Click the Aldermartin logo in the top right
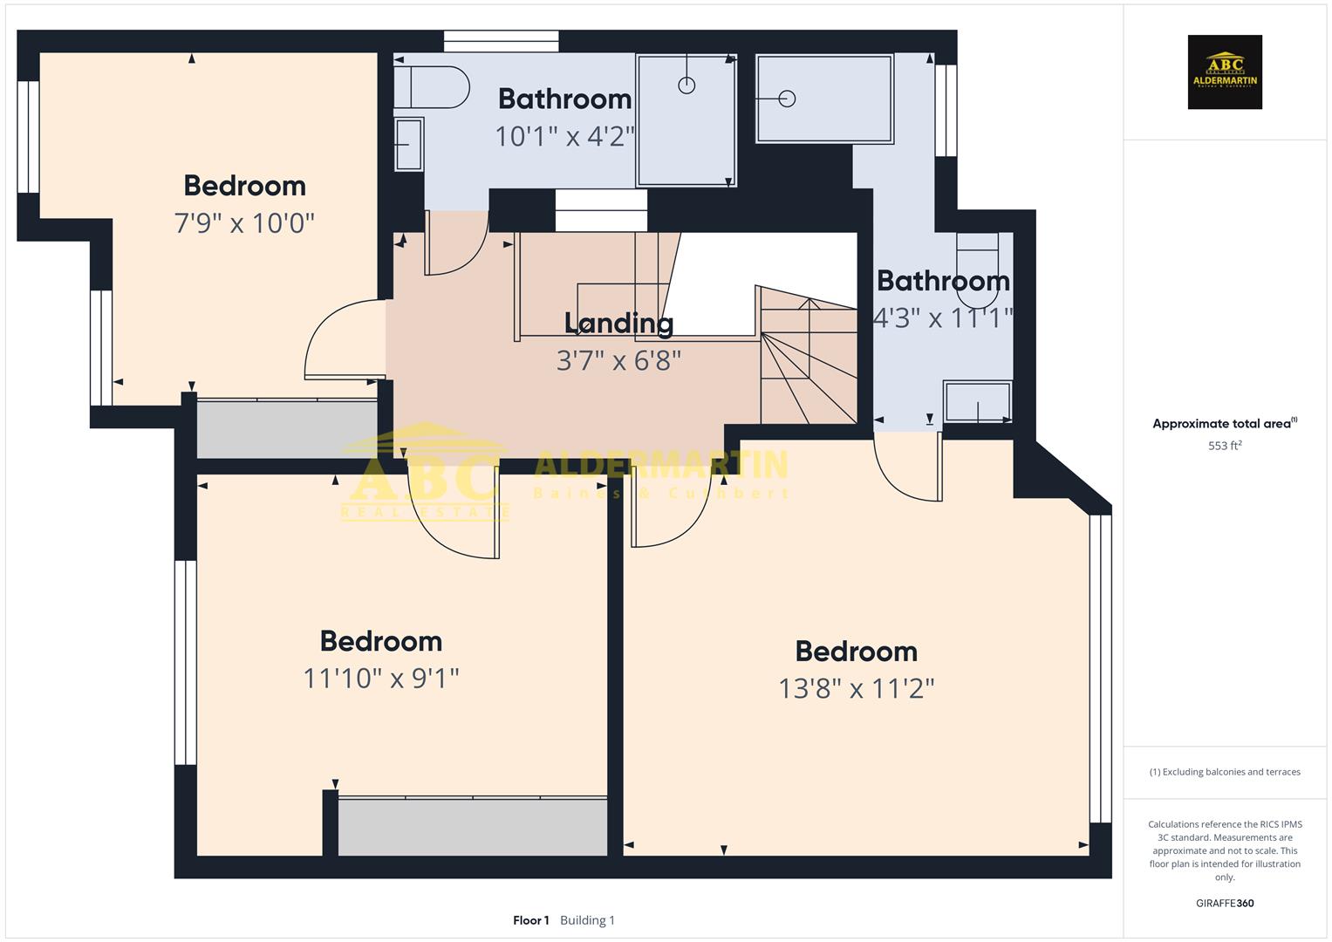[1224, 72]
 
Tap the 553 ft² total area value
[1224, 446]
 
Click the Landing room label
[618, 324]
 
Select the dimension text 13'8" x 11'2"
[856, 689]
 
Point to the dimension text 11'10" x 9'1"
[380, 679]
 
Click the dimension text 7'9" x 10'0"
[244, 223]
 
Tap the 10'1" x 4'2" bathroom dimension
[564, 137]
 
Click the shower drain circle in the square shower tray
[686, 85]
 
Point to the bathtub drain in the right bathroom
[787, 99]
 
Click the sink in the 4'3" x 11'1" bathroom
[978, 402]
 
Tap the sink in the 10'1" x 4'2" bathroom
[408, 144]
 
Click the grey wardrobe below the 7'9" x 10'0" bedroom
[286, 428]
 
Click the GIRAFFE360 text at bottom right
[1224, 903]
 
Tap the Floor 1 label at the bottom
[530, 920]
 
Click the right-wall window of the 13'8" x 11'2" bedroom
[1101, 668]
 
